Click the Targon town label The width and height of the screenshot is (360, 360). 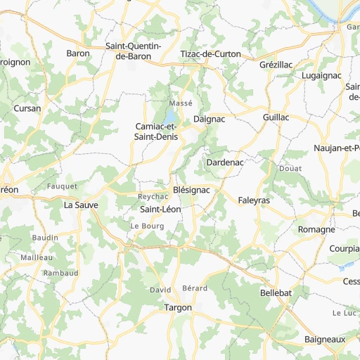[177, 308]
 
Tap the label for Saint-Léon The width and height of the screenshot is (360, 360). [161, 210]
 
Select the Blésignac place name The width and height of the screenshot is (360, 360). [191, 191]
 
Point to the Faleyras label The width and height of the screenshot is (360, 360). [254, 200]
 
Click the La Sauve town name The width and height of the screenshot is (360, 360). [80, 205]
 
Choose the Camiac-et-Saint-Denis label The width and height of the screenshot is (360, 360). [156, 131]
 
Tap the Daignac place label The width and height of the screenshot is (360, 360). [209, 120]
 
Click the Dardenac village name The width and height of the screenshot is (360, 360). [225, 162]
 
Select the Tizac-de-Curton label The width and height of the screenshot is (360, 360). [210, 54]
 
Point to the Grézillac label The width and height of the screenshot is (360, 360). [276, 64]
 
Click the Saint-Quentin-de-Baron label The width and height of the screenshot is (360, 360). [134, 51]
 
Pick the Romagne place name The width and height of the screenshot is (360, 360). [316, 229]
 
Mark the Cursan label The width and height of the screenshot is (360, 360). [27, 109]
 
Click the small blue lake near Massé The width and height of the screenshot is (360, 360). [172, 115]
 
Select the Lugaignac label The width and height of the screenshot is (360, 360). [320, 75]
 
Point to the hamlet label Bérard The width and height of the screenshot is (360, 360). [195, 288]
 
